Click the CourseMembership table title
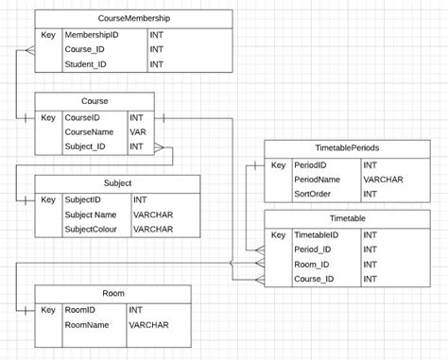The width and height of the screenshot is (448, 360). pyautogui.click(x=134, y=18)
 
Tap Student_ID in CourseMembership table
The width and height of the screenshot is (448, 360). pyautogui.click(x=86, y=64)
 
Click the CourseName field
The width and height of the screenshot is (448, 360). pyautogui.click(x=88, y=132)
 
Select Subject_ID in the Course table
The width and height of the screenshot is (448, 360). pyautogui.click(x=85, y=147)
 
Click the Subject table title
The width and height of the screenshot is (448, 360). pyautogui.click(x=117, y=183)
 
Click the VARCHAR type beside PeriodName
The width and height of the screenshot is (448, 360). pyautogui.click(x=383, y=179)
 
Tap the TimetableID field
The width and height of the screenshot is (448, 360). pyautogui.click(x=317, y=234)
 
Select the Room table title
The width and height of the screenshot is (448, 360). pyautogui.click(x=112, y=294)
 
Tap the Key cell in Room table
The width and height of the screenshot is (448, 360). pyautogui.click(x=48, y=310)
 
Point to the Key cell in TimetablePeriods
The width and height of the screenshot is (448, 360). pyautogui.click(x=278, y=164)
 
